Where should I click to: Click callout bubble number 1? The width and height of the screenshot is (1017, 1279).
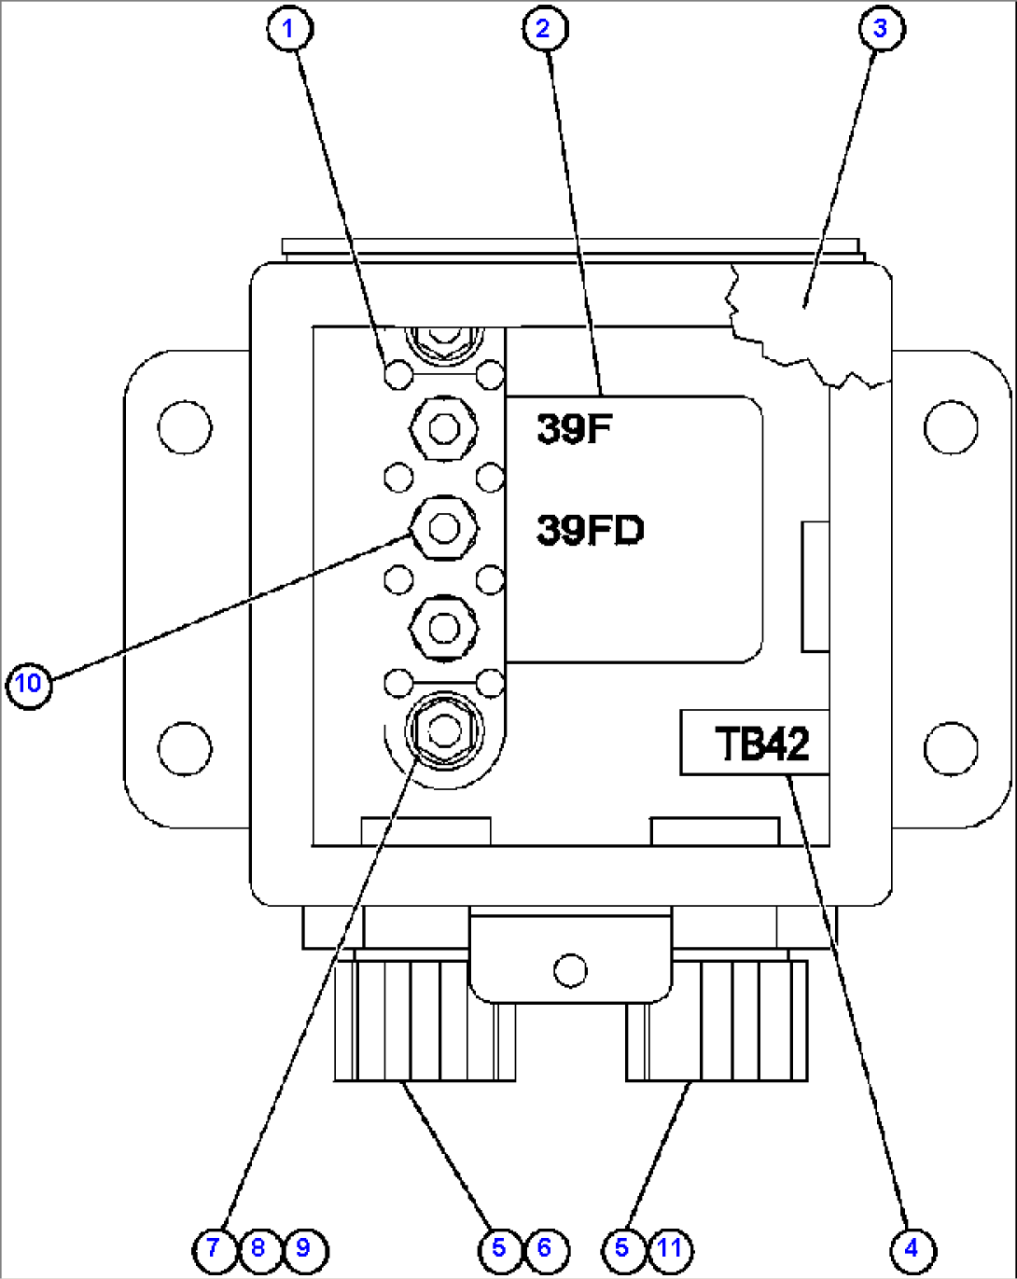[289, 29]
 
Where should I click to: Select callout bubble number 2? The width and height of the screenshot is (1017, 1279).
[545, 29]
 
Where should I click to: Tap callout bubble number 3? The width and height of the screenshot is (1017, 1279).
[882, 29]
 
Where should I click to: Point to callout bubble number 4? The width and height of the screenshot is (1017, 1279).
[913, 1250]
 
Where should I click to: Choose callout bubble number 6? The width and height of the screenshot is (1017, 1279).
[546, 1250]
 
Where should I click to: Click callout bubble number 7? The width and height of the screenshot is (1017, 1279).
[215, 1250]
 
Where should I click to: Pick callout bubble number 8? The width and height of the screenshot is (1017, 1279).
[259, 1250]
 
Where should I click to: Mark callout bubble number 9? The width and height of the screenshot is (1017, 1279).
[305, 1250]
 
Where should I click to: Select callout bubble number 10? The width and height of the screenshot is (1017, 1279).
[29, 686]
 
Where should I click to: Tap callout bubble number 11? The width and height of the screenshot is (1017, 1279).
[671, 1250]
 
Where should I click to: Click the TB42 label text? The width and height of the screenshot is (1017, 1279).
[761, 744]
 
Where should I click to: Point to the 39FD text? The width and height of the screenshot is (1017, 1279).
[591, 530]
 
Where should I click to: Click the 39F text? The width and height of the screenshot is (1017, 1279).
[574, 428]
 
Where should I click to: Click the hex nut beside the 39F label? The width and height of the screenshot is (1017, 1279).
[444, 428]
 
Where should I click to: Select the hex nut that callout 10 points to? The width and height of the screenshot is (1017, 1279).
[444, 528]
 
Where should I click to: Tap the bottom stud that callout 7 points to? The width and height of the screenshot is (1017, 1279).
[444, 730]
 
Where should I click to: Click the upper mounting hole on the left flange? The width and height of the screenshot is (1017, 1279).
[185, 427]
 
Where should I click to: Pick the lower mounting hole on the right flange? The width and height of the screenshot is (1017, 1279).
[951, 749]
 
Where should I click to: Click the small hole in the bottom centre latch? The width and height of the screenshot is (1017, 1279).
[571, 970]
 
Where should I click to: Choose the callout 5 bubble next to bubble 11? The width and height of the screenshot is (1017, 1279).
[623, 1250]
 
